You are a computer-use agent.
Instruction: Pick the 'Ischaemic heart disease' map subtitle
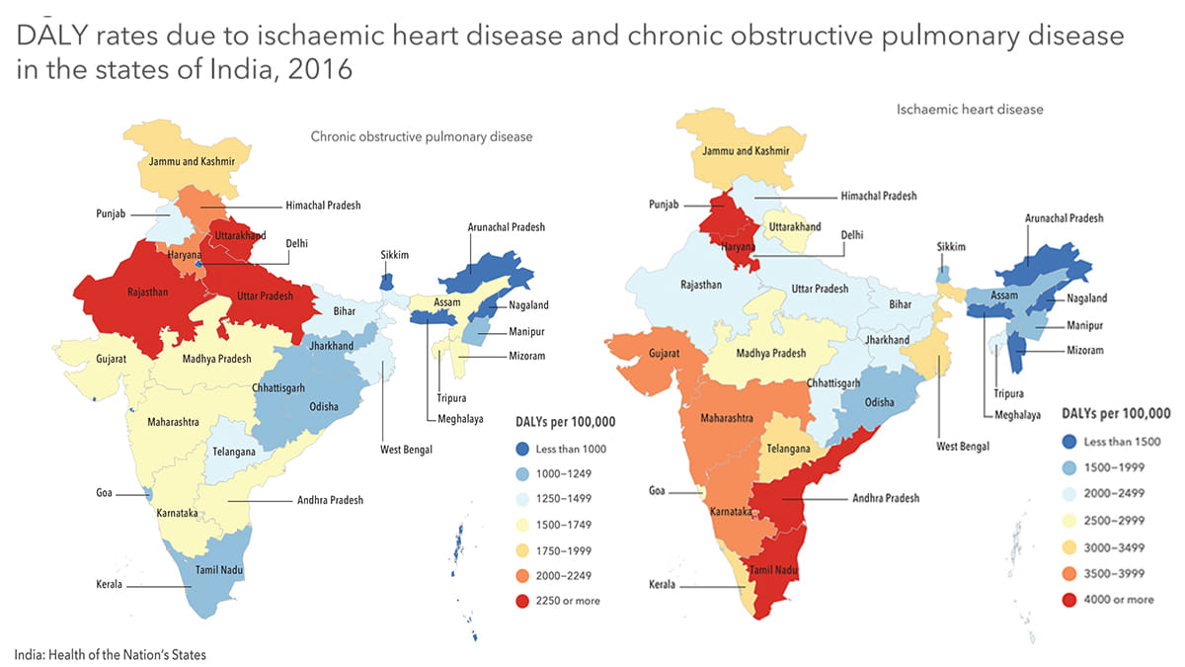[x=970, y=110]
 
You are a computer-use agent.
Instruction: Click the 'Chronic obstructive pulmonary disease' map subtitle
[x=422, y=137]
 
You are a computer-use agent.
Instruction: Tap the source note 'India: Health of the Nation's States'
[x=111, y=654]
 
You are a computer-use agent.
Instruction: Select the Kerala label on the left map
[x=108, y=585]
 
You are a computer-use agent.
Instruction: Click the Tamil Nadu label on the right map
[x=773, y=571]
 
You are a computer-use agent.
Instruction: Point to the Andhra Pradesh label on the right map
[x=886, y=498]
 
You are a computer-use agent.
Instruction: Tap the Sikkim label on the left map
[x=395, y=255]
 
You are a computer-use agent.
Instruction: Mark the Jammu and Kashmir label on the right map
[x=746, y=151]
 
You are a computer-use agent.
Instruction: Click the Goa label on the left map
[x=105, y=491]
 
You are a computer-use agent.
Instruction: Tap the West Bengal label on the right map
[x=962, y=445]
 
